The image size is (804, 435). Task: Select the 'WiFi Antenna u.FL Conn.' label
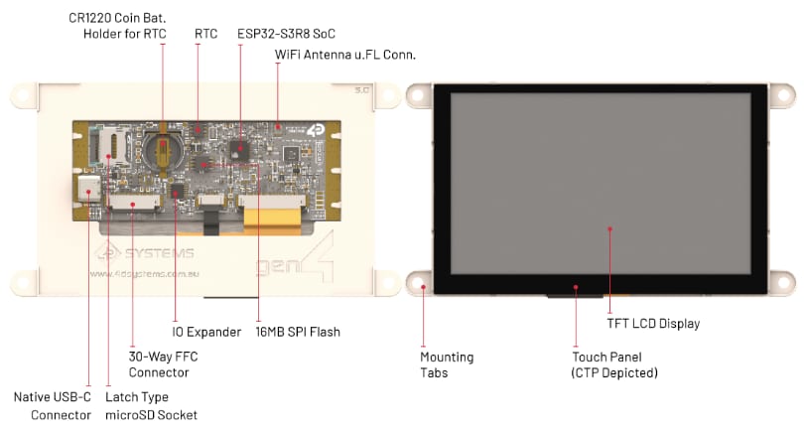[343, 54]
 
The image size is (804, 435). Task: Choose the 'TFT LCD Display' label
[652, 323]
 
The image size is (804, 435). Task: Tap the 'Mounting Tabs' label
[447, 364]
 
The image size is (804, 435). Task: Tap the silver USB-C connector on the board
[86, 191]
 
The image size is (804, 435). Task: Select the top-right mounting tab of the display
[783, 94]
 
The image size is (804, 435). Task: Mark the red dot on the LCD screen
[609, 228]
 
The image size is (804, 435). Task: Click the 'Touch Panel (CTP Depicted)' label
[615, 364]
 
